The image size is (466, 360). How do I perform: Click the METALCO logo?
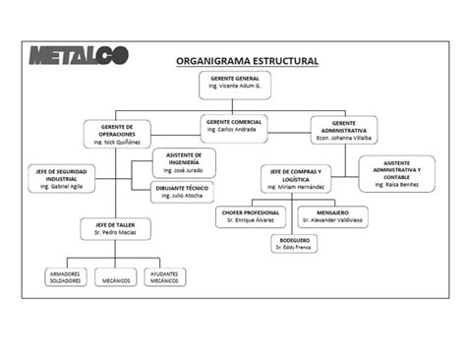click(x=79, y=56)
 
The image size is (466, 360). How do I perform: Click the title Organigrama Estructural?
click(x=247, y=61)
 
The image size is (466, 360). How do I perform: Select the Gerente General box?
click(x=234, y=83)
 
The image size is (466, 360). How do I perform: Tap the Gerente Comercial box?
click(x=233, y=125)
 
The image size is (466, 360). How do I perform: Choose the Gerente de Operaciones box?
click(x=117, y=134)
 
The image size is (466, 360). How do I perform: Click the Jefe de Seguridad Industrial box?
click(x=61, y=178)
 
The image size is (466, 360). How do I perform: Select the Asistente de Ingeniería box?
click(x=184, y=162)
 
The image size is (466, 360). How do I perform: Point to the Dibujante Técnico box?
click(x=181, y=191)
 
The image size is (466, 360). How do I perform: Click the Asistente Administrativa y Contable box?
click(x=396, y=173)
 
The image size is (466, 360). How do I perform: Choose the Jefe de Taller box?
click(x=115, y=229)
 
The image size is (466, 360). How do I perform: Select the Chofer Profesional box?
click(x=250, y=216)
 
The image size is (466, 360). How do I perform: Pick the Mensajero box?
click(x=332, y=216)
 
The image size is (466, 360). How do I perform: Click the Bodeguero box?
click(x=295, y=243)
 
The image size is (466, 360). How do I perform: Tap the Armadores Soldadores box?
click(x=66, y=276)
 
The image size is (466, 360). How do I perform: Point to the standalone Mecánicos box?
click(x=116, y=276)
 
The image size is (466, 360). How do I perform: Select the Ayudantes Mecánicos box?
click(x=164, y=276)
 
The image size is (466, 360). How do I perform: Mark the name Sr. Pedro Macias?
click(x=115, y=233)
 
